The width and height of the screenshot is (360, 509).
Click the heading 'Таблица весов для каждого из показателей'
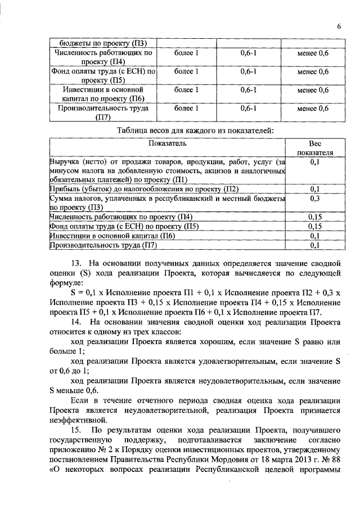pyautogui.click(x=195, y=130)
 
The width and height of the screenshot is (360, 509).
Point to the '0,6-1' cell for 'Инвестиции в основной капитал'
pyautogui.click(x=248, y=89)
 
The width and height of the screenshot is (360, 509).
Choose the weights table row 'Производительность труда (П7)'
pyautogui.click(x=103, y=245)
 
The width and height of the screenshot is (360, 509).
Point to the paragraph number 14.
pyautogui.click(x=77, y=322)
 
